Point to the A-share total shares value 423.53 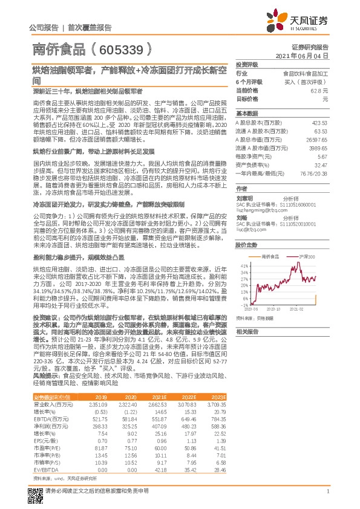click(319, 122)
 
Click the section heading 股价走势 click(246, 245)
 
